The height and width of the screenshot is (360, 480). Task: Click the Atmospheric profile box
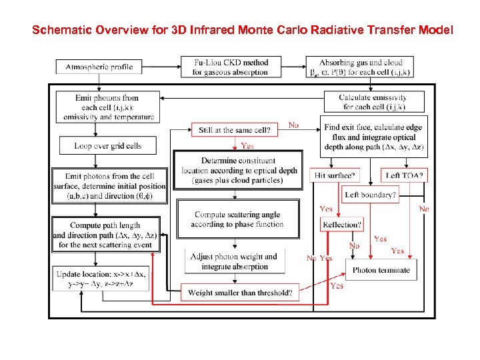(99, 67)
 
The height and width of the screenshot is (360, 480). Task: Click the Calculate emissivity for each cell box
(373, 102)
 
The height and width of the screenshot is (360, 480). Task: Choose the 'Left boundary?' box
(370, 195)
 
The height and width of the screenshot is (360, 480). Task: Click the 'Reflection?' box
(342, 225)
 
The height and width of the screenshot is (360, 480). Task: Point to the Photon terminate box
(381, 270)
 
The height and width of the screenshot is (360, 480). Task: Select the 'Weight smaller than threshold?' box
(240, 293)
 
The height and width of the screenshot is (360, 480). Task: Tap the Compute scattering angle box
(238, 219)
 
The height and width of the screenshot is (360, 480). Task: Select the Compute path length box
(106, 235)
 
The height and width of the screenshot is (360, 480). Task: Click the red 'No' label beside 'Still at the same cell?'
(293, 125)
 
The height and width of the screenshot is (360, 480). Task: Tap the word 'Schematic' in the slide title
(61, 31)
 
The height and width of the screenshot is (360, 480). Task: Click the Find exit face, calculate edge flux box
(373, 137)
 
